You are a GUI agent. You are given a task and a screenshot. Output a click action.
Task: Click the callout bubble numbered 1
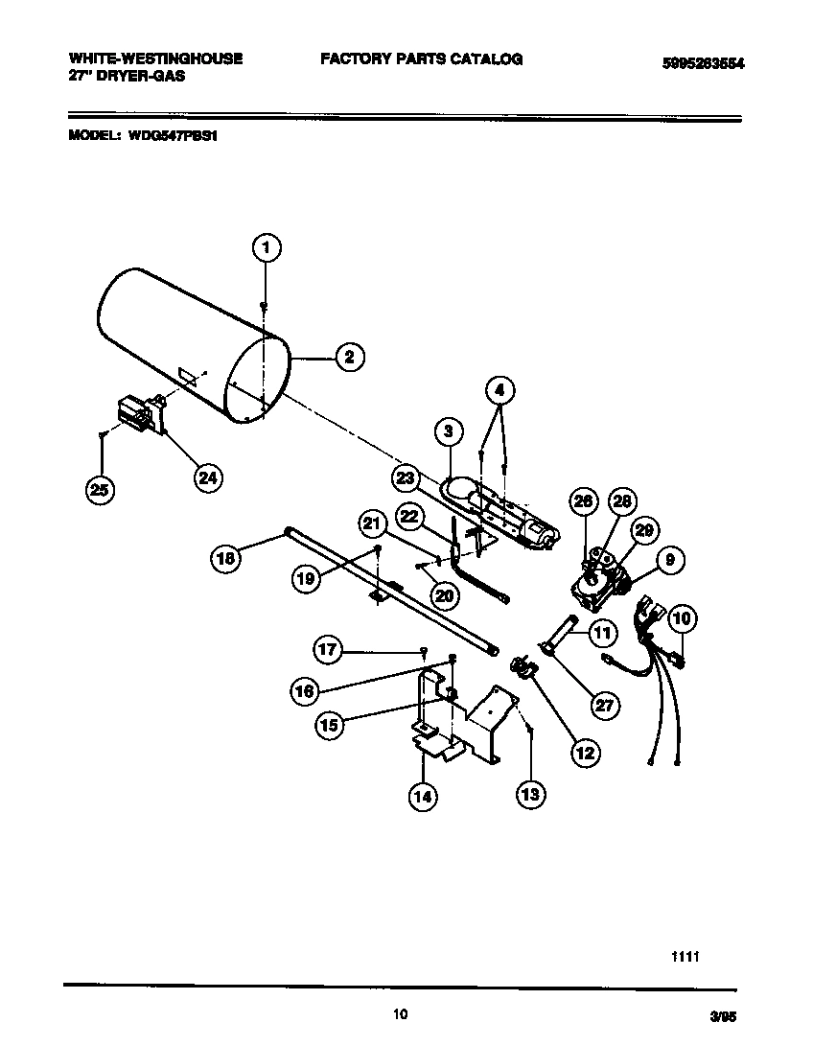click(x=267, y=248)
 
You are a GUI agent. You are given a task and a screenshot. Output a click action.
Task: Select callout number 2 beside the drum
click(x=349, y=358)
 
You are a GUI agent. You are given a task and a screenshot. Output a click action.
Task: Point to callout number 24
click(x=207, y=477)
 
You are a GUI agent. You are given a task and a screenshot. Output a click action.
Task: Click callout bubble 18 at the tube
click(x=224, y=559)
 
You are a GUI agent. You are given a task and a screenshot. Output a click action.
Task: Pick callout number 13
click(x=530, y=793)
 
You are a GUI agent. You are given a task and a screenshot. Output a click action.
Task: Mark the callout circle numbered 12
click(x=585, y=752)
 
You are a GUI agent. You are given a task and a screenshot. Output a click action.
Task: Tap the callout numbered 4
click(x=499, y=390)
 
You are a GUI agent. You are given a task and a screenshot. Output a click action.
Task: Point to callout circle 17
click(x=329, y=650)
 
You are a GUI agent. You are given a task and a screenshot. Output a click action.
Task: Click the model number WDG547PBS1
click(x=169, y=136)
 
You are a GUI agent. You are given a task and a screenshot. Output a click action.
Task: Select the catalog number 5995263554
click(x=703, y=64)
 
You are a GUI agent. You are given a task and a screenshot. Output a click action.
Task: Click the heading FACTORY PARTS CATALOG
click(x=421, y=59)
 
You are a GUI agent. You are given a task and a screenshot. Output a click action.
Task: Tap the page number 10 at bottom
click(x=401, y=1013)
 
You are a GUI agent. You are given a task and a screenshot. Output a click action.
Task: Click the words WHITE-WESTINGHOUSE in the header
click(x=155, y=58)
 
